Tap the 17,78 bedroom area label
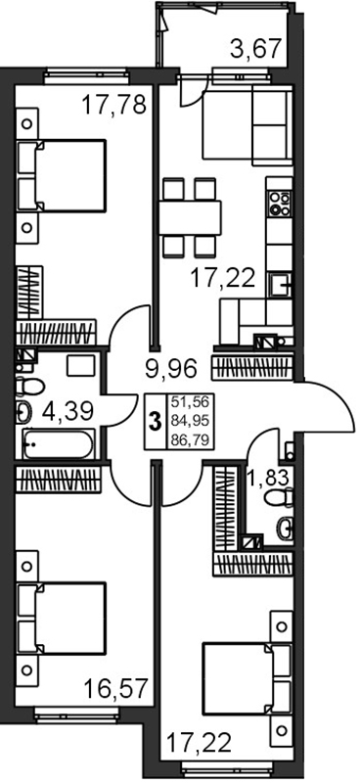tap(113, 105)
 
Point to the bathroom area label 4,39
tap(67, 411)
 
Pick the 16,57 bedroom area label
tap(115, 689)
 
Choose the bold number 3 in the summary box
tap(156, 422)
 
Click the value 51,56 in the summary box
tap(190, 402)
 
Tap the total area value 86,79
tap(190, 440)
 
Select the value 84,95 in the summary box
tap(190, 422)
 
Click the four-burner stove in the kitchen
tap(279, 204)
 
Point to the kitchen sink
tap(280, 286)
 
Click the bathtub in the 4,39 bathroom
tap(59, 443)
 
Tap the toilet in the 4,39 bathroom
tap(30, 386)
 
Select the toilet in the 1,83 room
tap(279, 498)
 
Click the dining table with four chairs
tap(190, 217)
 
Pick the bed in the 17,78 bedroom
tap(62, 176)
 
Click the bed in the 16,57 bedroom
tap(62, 619)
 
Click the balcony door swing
tap(194, 90)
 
